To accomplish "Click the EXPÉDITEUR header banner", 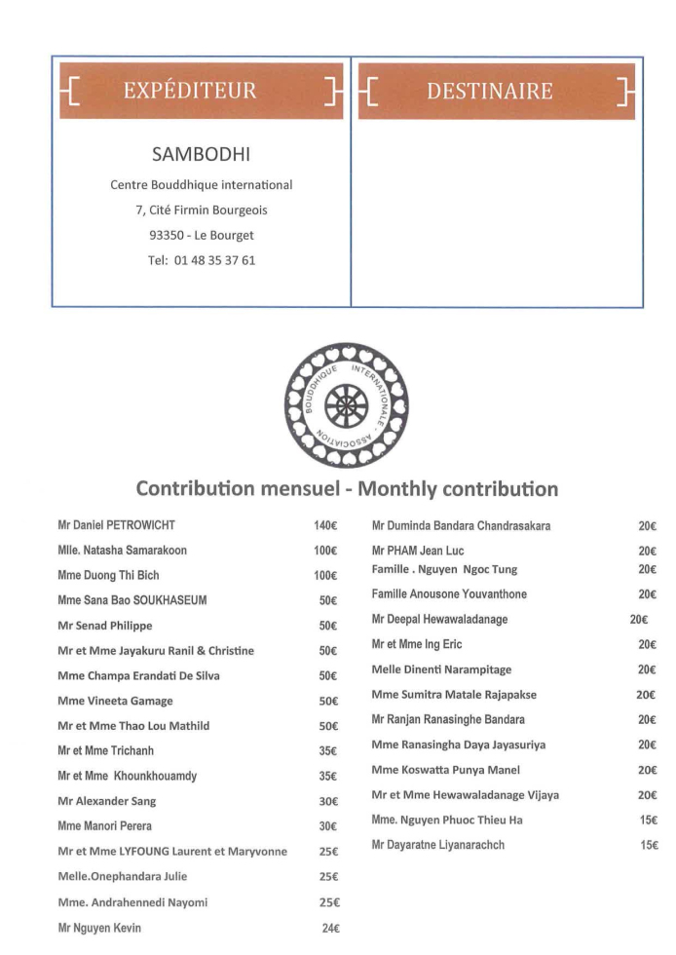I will coord(202,92).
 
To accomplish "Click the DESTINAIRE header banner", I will coord(496,92).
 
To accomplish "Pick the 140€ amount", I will coord(324,526).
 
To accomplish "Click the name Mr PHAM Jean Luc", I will coord(418,551).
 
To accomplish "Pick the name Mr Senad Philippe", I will coord(105,626).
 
